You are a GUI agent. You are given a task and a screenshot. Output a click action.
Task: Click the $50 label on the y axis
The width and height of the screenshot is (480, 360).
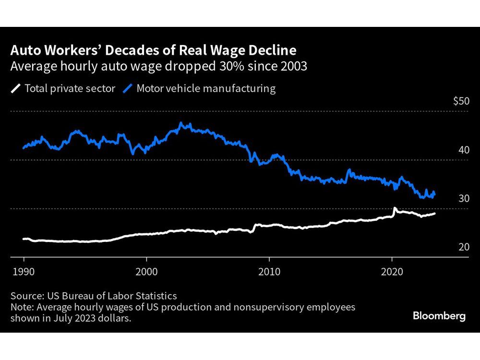461,102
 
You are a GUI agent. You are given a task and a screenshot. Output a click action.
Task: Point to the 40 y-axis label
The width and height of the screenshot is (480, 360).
464,150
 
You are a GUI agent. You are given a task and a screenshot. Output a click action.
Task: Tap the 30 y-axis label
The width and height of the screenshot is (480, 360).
464,199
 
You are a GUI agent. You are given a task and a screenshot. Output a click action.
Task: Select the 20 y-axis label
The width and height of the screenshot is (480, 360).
464,247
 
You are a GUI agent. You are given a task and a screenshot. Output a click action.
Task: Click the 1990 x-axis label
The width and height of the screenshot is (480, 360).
24,270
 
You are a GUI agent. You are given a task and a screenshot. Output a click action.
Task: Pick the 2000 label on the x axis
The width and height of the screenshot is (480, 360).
146,270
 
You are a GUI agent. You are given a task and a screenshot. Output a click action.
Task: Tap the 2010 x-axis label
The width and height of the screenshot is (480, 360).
269,270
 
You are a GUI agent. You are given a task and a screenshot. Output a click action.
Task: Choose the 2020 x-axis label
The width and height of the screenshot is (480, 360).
392,270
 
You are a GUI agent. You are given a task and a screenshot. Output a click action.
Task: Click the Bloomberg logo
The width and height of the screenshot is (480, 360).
439,316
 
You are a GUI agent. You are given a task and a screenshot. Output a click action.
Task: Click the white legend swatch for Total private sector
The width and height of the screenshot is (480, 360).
16,89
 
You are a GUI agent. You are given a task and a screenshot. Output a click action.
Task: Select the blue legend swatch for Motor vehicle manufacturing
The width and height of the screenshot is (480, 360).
128,89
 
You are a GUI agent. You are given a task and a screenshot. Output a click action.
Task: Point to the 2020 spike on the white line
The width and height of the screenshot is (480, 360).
395,209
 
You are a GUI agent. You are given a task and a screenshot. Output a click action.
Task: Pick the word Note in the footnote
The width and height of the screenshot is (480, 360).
22,307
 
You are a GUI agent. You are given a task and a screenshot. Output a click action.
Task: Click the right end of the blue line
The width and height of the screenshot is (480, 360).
434,193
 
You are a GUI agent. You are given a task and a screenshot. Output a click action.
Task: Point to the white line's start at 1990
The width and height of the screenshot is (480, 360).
24,239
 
